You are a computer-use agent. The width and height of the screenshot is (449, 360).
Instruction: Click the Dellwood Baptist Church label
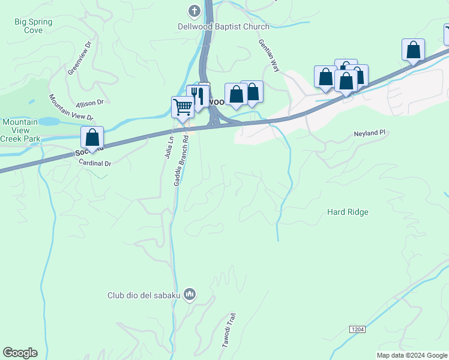tap(223, 26)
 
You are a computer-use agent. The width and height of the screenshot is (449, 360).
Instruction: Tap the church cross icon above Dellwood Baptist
tap(194, 11)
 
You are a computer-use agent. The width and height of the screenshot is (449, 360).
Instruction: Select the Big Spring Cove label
tap(34, 26)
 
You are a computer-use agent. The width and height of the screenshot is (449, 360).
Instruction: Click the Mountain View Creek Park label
tap(20, 130)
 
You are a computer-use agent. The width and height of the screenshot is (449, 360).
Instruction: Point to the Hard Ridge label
tap(348, 212)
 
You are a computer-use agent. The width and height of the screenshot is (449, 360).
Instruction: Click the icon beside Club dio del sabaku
tap(190, 294)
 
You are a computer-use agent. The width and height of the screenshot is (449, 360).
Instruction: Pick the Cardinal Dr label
tap(95, 163)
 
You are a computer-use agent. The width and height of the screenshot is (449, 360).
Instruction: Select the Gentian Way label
tap(269, 56)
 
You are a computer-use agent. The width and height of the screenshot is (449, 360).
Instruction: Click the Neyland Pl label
tap(368, 133)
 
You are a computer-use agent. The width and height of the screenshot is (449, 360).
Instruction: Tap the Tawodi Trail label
tap(230, 331)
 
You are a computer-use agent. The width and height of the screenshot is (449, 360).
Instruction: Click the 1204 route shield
tap(357, 329)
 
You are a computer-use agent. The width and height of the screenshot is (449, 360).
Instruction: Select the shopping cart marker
tap(182, 107)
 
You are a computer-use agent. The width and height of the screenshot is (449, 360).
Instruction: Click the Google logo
tap(20, 353)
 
